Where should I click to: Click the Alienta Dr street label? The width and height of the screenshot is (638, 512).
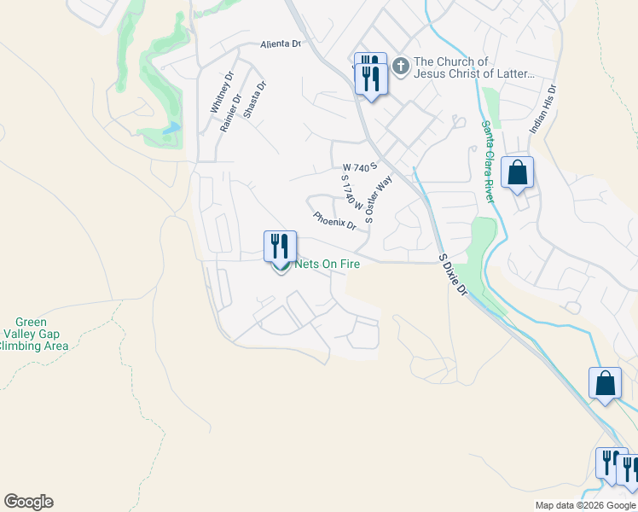tap(281, 44)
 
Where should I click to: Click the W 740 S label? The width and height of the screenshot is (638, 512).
tap(359, 166)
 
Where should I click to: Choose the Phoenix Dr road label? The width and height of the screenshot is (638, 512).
tap(334, 220)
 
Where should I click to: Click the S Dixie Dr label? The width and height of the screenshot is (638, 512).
tap(452, 274)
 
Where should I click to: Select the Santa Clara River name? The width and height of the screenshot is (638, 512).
tap(487, 160)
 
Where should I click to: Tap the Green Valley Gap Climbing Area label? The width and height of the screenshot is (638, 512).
tap(34, 334)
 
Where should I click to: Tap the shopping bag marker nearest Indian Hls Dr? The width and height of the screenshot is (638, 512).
tap(517, 173)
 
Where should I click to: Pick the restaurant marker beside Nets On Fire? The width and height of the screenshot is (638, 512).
tap(280, 246)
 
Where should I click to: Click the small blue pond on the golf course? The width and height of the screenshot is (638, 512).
tap(174, 128)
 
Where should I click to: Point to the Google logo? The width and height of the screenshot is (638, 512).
tap(28, 502)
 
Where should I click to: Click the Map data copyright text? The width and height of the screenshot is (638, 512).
tap(584, 505)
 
